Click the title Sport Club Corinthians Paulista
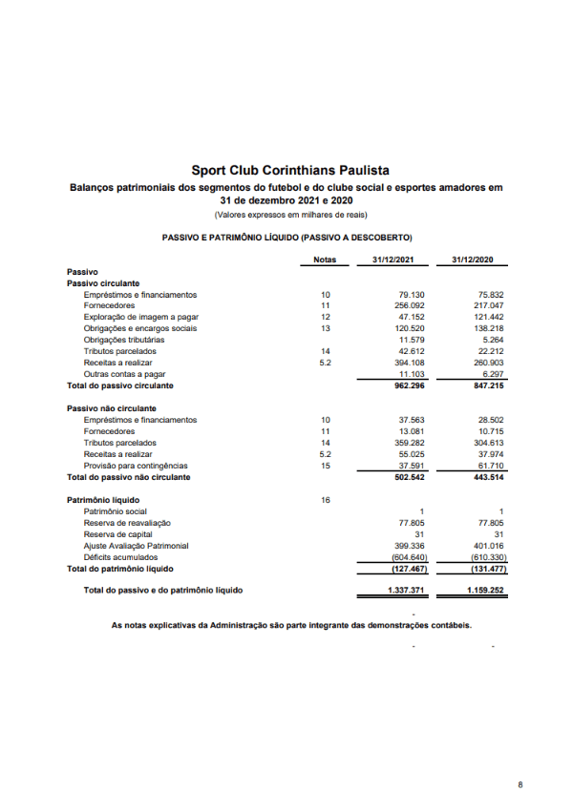287,170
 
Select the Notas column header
325,260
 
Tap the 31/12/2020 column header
473,260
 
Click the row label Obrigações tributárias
124,340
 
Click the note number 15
325,466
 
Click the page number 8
520,784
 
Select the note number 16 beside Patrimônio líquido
325,500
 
